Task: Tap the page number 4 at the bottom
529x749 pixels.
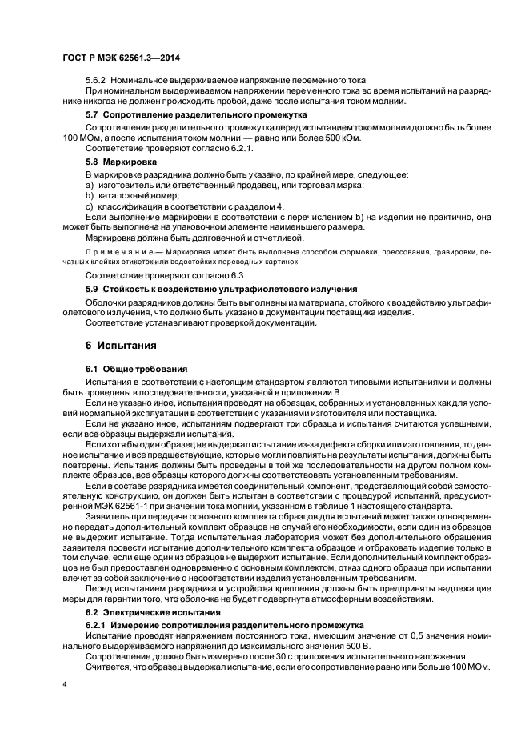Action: pos(65,685)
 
